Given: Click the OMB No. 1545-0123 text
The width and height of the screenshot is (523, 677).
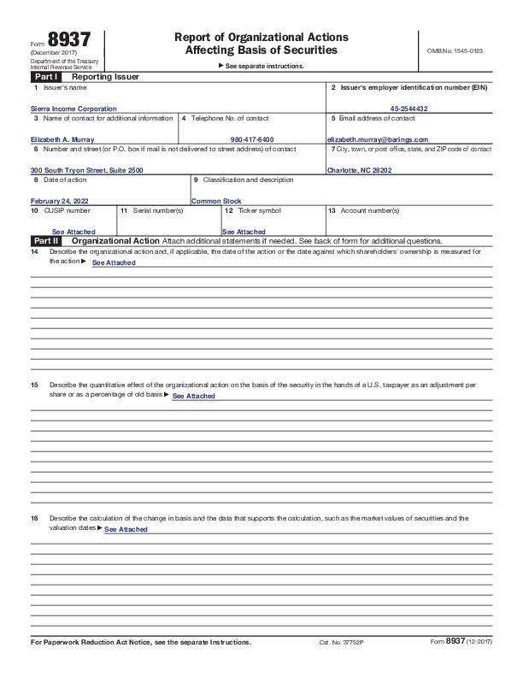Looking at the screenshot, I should tap(454, 51).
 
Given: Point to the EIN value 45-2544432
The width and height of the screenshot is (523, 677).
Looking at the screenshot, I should tap(408, 109).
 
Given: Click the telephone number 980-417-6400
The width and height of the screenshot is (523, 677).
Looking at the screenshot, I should tap(252, 138).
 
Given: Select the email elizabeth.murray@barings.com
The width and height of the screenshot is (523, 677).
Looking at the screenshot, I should tap(378, 138).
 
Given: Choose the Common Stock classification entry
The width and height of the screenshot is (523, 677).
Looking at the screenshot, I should tap(216, 201).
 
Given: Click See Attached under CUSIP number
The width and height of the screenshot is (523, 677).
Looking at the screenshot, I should tap(73, 232).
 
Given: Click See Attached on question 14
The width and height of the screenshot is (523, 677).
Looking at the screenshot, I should tap(114, 262).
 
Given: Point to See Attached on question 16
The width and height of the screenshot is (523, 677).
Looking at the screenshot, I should tap(126, 529).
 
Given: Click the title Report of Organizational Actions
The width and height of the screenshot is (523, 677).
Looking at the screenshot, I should tap(261, 38).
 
